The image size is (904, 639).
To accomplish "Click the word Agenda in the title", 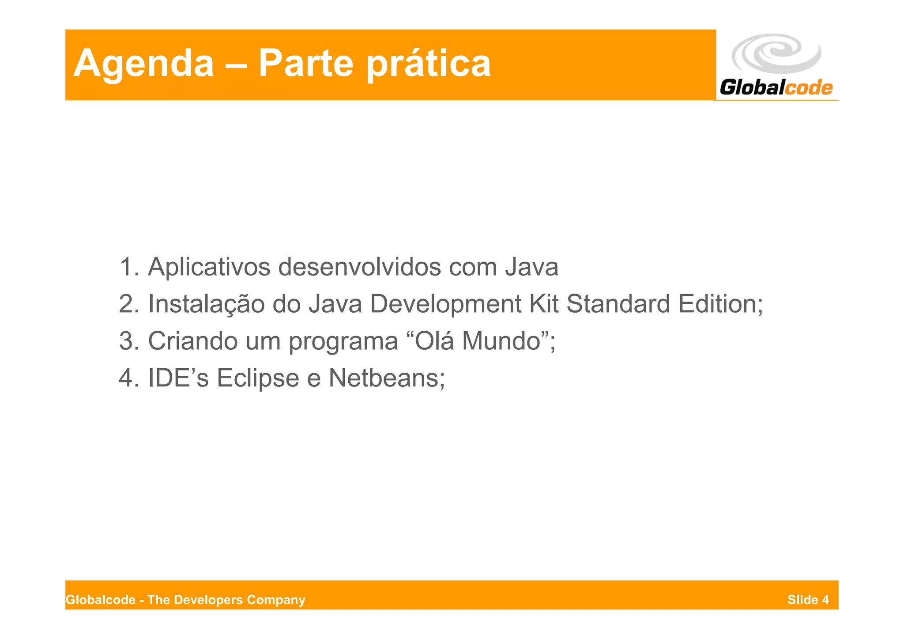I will coord(143,64).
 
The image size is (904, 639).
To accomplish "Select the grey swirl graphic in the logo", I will coord(776,53).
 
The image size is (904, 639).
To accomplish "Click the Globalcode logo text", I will coord(776,87).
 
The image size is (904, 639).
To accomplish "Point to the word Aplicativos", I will coord(209,267).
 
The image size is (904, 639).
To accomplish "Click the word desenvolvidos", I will coord(359,267).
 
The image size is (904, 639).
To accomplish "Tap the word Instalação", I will coord(206,304).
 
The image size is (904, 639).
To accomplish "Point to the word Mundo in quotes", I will coord(501,341).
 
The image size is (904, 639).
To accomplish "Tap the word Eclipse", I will coord(258,378).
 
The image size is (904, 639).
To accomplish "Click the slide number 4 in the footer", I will coord(825,600).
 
